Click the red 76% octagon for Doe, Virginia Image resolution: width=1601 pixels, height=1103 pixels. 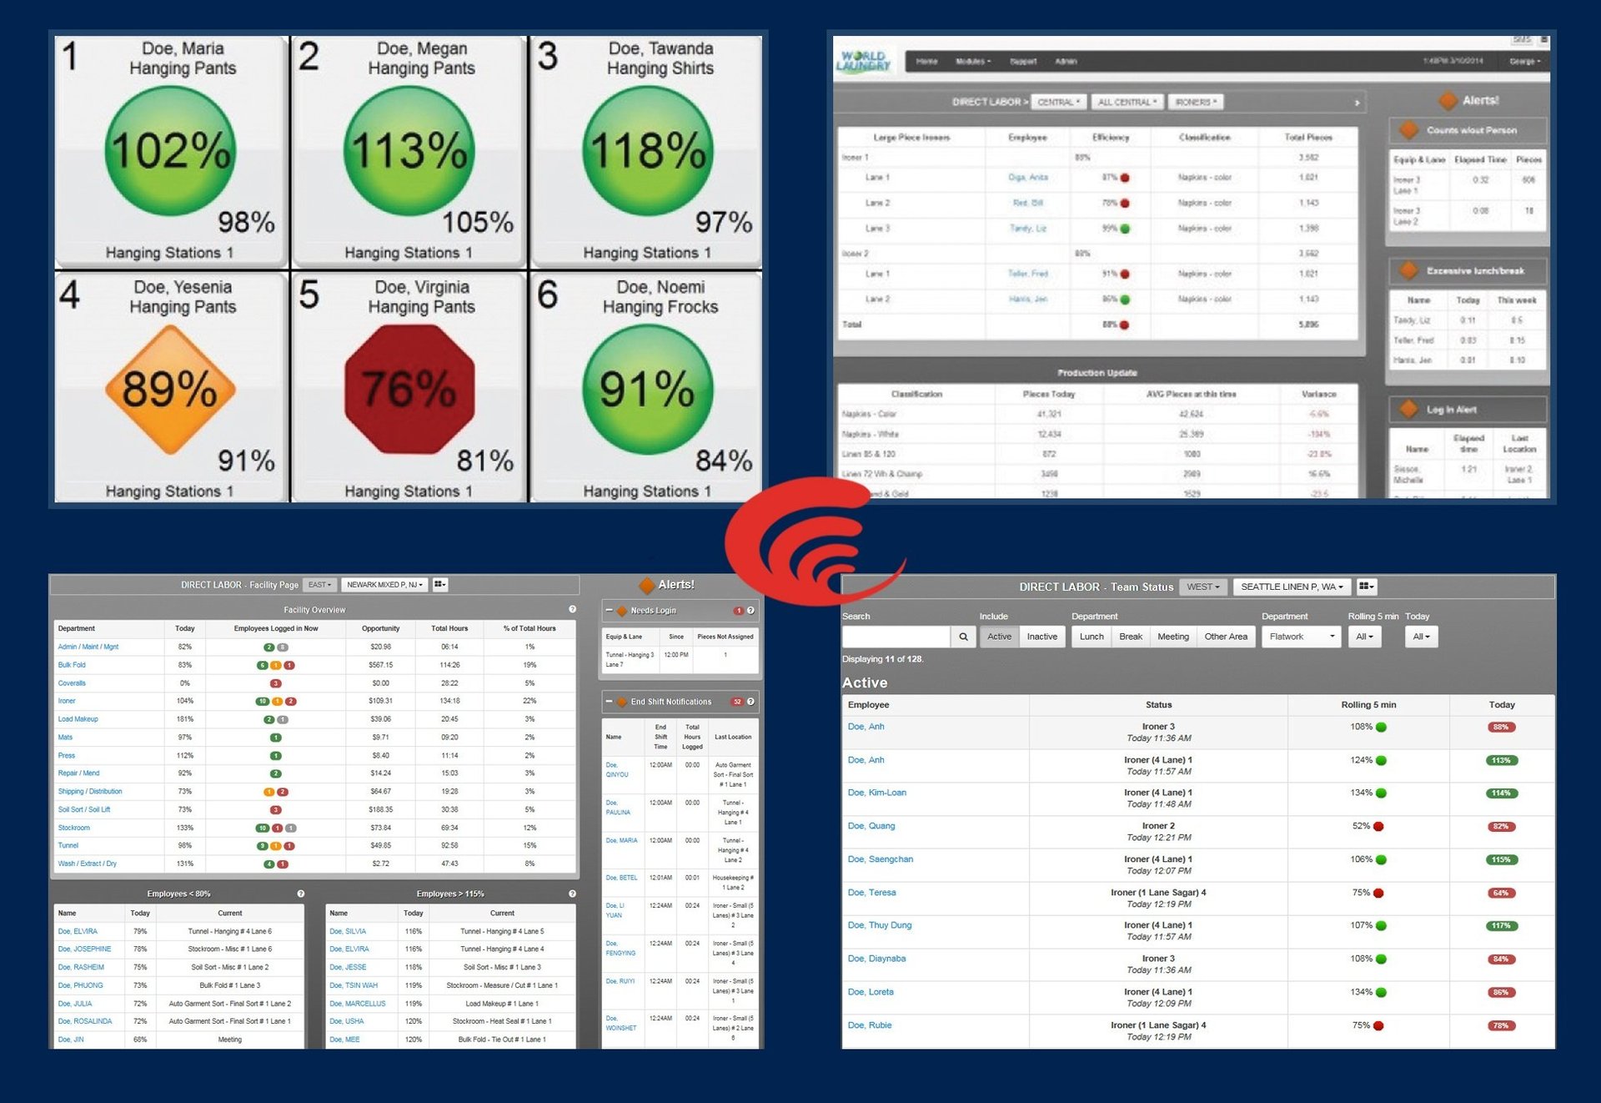tap(409, 389)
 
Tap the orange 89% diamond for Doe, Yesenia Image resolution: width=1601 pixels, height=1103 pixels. tap(170, 389)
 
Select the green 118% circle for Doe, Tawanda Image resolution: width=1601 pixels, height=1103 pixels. tap(648, 151)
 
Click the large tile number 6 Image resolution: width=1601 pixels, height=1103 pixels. tap(548, 295)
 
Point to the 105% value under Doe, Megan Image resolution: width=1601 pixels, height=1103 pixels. tap(477, 222)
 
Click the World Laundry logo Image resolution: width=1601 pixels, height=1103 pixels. tap(864, 61)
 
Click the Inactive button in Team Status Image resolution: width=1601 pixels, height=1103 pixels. tap(1041, 637)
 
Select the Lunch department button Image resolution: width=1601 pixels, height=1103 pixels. tap(1091, 637)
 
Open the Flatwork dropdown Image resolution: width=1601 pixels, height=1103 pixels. tap(1301, 637)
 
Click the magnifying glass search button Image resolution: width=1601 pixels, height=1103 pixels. tap(963, 637)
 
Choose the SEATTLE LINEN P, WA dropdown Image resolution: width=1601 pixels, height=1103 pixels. tap(1291, 587)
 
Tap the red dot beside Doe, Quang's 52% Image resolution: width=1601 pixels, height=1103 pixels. tap(1378, 826)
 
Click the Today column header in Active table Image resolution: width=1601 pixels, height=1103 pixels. tap(1501, 705)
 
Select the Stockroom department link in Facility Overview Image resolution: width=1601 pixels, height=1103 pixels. tap(73, 828)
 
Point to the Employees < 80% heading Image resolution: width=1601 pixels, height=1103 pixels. tap(178, 894)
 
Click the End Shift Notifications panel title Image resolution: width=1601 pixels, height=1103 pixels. tap(670, 702)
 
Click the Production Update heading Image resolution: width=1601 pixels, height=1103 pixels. tap(1097, 373)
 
